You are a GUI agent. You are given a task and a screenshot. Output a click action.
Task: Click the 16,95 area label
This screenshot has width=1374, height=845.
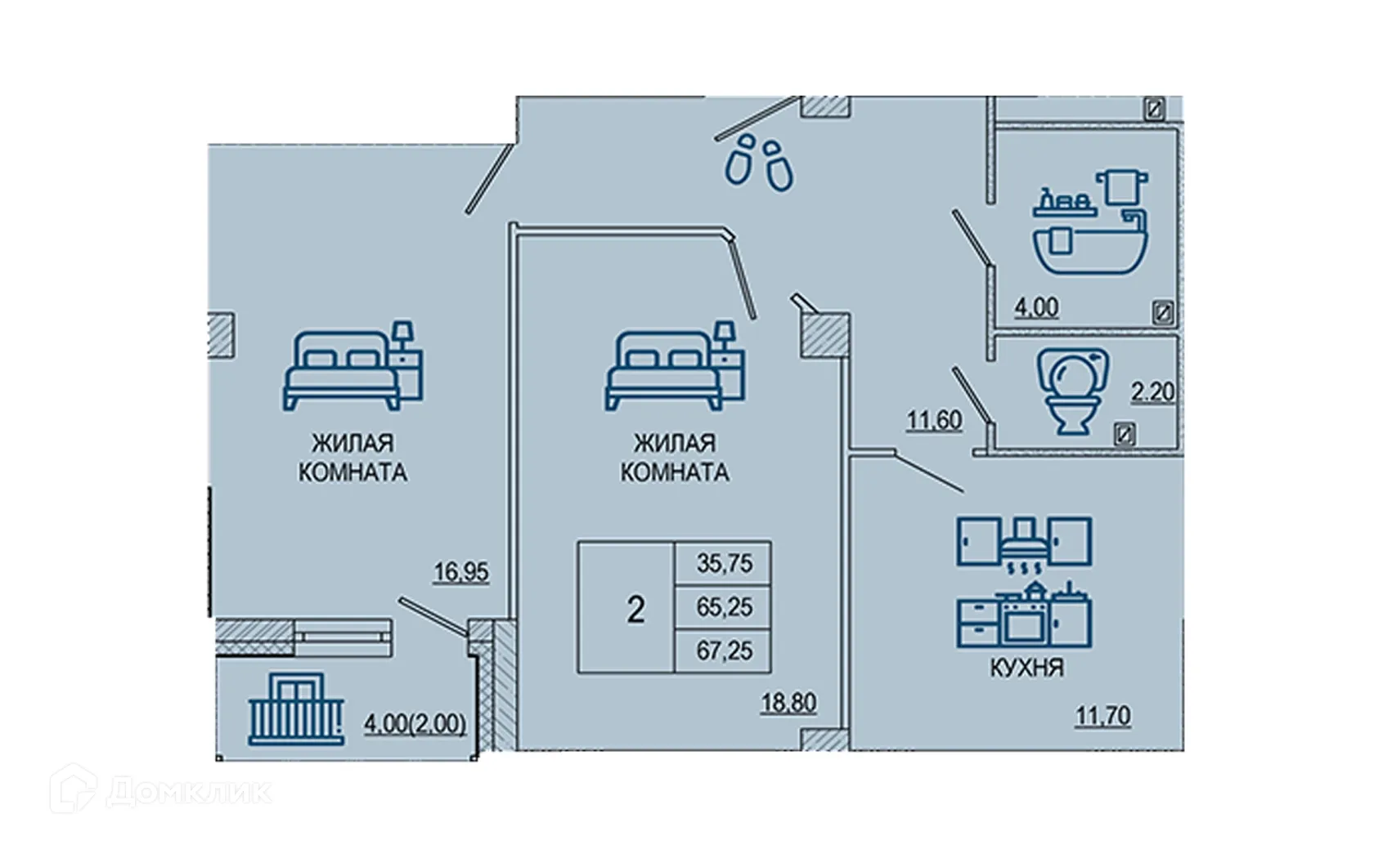pos(461,572)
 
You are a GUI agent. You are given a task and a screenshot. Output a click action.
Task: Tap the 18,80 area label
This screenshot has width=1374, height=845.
pos(788,703)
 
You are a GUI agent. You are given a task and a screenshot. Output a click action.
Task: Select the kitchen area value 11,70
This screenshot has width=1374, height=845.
pos(1102,716)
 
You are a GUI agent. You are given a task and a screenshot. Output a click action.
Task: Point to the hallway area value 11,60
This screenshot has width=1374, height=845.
pos(934,420)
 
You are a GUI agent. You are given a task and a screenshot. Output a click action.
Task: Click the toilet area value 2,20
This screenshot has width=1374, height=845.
pos(1152,391)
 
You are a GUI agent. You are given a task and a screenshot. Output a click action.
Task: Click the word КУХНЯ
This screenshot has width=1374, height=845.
pos(1027,668)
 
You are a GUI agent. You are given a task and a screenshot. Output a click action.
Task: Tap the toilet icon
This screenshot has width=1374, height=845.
pos(1072,391)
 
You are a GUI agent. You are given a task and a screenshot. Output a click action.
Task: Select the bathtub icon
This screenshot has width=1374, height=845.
pos(1091,221)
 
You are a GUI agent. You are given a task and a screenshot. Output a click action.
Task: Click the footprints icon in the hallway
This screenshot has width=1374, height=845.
pos(759,163)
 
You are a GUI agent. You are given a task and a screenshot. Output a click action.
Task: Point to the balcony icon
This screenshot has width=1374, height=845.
pos(296,709)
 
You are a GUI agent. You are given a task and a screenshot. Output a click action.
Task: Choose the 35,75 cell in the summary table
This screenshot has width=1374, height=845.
pos(724,563)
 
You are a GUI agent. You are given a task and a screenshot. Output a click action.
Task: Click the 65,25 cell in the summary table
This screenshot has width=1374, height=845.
pos(724,607)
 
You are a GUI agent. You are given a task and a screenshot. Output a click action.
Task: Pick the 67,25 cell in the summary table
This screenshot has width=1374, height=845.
pos(724,651)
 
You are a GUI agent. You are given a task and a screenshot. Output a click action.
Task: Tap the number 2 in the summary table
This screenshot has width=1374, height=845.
pos(635,610)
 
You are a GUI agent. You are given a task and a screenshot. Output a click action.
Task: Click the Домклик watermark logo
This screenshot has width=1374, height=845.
pos(160,789)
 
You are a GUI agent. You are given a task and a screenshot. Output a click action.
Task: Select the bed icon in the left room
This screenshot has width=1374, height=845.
pos(352,365)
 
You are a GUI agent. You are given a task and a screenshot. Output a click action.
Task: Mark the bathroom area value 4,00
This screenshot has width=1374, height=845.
pos(1036,307)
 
